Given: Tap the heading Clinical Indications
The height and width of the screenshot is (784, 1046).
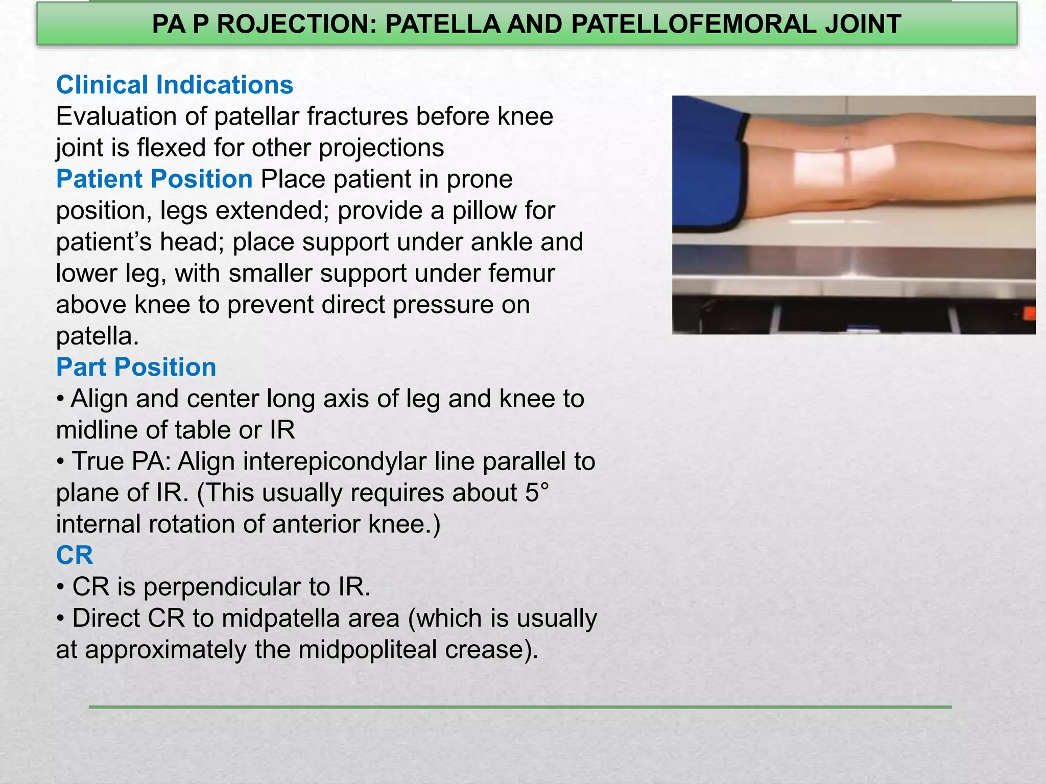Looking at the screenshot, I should click(x=175, y=85).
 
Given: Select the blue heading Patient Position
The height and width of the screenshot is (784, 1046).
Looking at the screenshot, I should click(x=154, y=179).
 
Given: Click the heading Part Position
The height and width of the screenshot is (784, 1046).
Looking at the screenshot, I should click(x=136, y=367).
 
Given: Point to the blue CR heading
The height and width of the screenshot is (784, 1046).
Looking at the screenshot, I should click(x=75, y=555).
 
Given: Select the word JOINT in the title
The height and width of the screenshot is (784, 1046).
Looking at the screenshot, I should click(x=863, y=24).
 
